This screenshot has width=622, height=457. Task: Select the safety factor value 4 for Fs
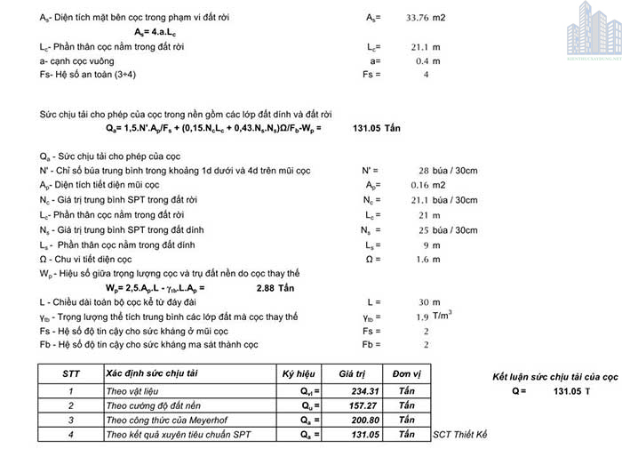pyautogui.click(x=427, y=75)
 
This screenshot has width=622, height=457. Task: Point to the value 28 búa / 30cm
pyautogui.click(x=437, y=170)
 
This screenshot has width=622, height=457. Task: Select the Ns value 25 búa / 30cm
pyautogui.click(x=437, y=230)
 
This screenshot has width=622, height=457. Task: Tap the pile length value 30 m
pyautogui.click(x=429, y=302)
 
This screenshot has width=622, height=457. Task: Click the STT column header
pyautogui.click(x=71, y=374)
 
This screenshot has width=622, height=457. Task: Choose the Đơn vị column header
pyautogui.click(x=407, y=374)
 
